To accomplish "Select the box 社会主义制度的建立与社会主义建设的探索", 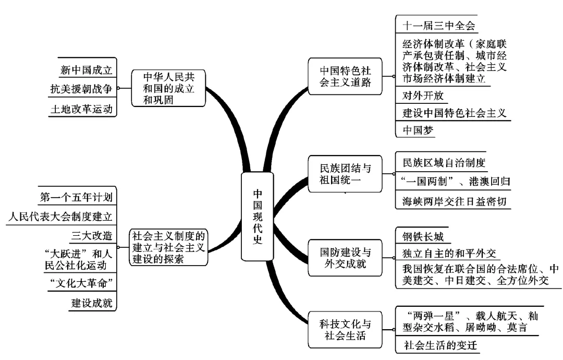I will [169, 246].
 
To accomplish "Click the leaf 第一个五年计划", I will [76, 197].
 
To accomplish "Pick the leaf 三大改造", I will [92, 235].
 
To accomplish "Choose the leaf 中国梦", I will [419, 130].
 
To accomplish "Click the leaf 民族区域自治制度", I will [444, 162].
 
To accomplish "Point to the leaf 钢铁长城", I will [423, 237].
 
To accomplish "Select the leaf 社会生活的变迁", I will [441, 345].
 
